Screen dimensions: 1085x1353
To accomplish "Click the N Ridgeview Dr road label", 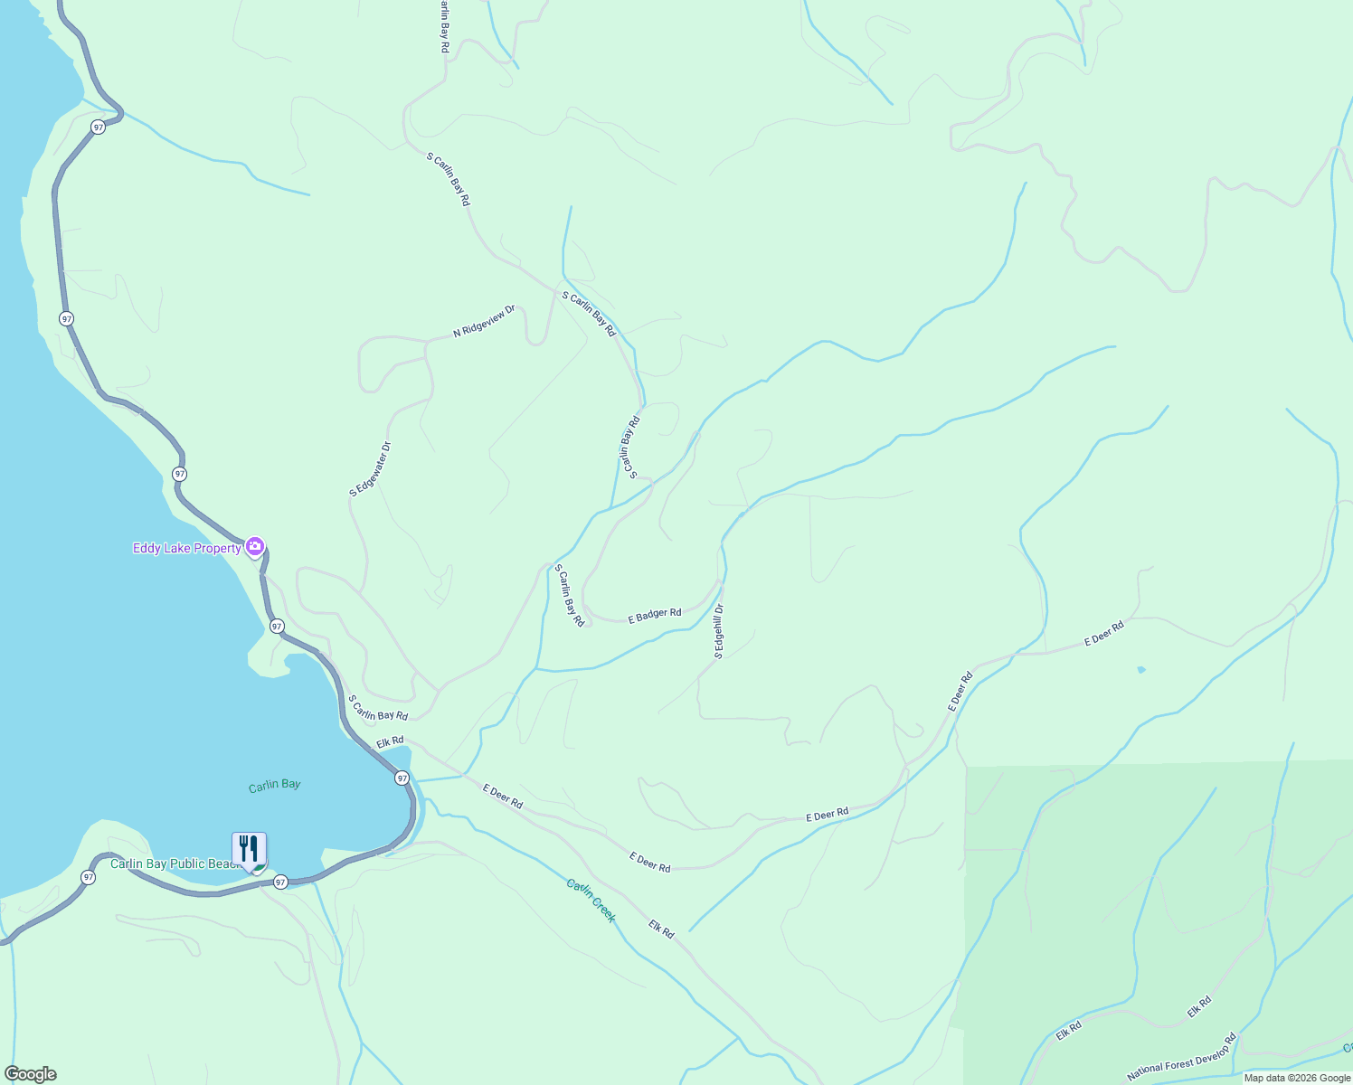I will [x=484, y=321].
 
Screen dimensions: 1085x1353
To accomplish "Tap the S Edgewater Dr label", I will [x=370, y=468].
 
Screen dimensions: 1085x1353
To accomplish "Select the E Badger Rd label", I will [x=655, y=616].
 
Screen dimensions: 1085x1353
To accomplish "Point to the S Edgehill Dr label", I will [x=719, y=631].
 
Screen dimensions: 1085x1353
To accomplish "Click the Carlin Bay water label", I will [x=274, y=785].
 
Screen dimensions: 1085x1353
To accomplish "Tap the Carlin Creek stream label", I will [x=591, y=900].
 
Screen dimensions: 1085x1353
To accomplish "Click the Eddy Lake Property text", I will [x=187, y=548].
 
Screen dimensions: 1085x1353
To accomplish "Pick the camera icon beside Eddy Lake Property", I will [x=255, y=546].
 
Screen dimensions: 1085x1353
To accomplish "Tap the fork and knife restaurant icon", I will [x=249, y=849].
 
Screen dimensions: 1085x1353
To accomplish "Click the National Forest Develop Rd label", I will [x=1181, y=1058].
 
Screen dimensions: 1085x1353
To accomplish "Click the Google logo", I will [x=31, y=1074].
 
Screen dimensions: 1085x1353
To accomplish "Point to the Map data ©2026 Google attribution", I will [x=1297, y=1078].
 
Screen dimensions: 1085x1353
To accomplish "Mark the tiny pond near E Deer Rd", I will [x=1141, y=670].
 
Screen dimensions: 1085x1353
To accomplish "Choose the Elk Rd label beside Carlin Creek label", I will [x=661, y=929].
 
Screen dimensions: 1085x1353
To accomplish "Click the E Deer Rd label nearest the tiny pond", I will [x=1103, y=633].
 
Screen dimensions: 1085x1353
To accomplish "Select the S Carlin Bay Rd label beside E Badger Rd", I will [x=570, y=596].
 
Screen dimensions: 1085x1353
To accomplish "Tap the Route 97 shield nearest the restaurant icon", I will [x=280, y=882].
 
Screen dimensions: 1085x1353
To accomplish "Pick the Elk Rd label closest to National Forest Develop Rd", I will [x=1199, y=1006].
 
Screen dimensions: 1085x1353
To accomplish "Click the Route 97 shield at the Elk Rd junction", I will [x=402, y=778].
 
